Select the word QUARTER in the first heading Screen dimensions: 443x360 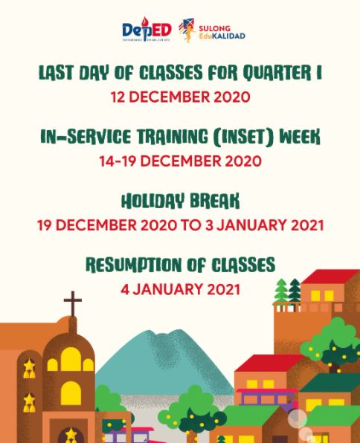279,74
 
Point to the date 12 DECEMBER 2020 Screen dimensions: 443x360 180,97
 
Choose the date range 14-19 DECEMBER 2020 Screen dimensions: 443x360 180,161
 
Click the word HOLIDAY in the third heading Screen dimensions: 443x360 146,201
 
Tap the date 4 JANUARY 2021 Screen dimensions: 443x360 180,288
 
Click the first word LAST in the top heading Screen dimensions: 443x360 57,74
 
